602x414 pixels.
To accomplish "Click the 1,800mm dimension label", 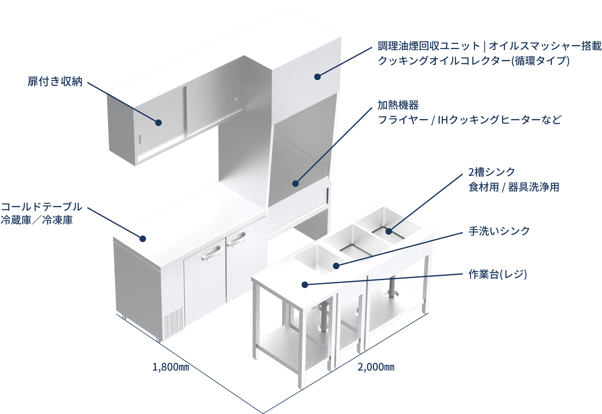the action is (171, 367).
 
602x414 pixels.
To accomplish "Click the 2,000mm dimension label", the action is (376, 367).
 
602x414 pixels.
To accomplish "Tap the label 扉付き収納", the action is (55, 81).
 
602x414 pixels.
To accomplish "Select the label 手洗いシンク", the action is (499, 231).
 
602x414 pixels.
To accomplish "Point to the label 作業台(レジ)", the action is (498, 274).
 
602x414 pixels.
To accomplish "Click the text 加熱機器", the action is (398, 105).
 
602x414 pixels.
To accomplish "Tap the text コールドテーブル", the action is (42, 207).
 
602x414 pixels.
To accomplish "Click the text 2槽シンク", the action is (492, 172).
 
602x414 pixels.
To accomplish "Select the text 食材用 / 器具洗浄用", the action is (514, 187).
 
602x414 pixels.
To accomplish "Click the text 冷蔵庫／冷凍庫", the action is (37, 220).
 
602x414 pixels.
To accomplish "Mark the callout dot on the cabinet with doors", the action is (158, 123).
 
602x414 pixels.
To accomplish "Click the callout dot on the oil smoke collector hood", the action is (317, 77).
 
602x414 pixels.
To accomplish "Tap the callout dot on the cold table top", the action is (142, 239).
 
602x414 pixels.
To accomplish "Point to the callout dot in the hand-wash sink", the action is (336, 266).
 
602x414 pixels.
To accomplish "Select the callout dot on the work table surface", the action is (305, 285).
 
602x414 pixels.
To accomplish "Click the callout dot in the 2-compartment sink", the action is (389, 231).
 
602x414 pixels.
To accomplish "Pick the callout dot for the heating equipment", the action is (295, 184).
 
